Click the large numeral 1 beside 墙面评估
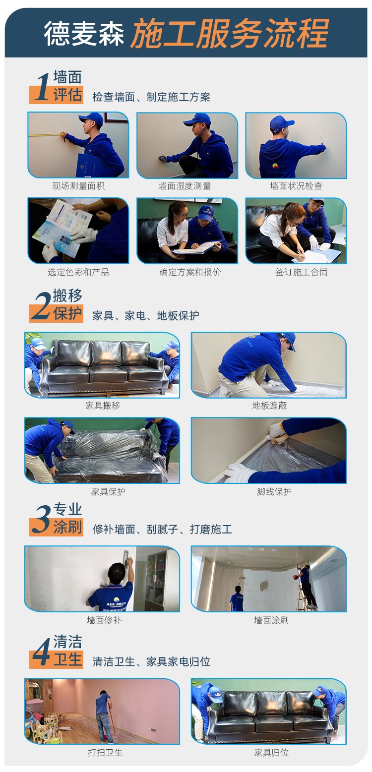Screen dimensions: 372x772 [42, 87]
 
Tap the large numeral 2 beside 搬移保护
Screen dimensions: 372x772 [42, 305]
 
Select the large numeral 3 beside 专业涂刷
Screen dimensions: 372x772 [42, 519]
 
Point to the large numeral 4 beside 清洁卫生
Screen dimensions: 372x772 [42, 652]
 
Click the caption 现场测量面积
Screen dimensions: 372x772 [78, 186]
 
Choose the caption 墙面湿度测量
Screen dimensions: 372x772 [185, 186]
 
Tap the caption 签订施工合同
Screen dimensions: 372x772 [302, 272]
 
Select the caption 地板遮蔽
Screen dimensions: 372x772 [270, 406]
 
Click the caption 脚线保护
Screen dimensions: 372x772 [274, 492]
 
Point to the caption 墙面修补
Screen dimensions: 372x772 [104, 620]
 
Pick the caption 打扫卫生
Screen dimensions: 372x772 [105, 752]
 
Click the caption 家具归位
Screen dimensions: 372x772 [271, 752]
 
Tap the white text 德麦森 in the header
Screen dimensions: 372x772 [84, 33]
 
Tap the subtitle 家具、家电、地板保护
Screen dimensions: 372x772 [146, 316]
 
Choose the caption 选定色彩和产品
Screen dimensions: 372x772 [78, 272]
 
